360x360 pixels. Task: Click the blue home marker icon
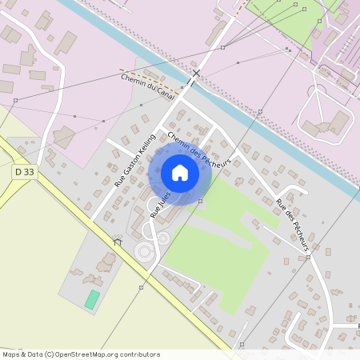[x=180, y=173]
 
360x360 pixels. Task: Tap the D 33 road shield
[x=25, y=171]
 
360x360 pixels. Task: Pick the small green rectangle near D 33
[x=93, y=301]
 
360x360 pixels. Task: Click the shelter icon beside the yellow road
[x=118, y=241]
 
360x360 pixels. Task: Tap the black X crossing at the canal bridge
[x=196, y=74]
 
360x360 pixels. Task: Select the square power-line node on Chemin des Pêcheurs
[x=200, y=201]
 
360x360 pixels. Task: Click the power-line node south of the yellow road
[x=141, y=287]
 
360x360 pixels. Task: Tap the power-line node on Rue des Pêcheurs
[x=308, y=258]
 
